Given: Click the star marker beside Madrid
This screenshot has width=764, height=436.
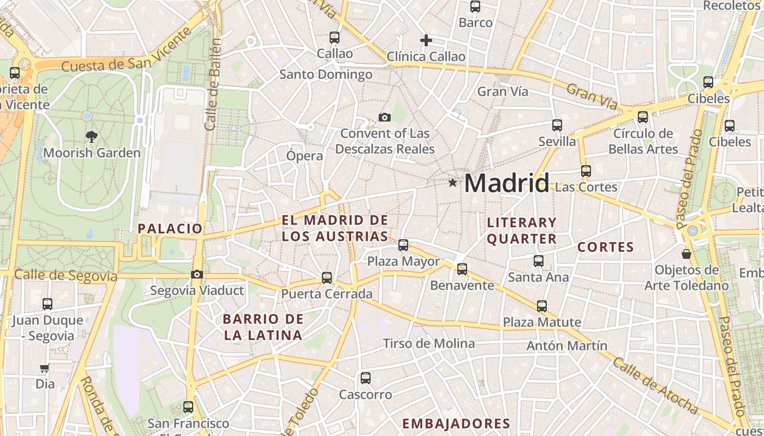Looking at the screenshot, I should tap(452, 183).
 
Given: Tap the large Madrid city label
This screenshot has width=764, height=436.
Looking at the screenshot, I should tap(506, 183).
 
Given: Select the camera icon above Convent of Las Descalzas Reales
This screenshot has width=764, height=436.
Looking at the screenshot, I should tap(385, 117).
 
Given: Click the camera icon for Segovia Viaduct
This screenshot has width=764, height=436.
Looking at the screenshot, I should tap(197, 274).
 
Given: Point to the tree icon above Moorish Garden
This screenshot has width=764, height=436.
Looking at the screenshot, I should tap(92, 137).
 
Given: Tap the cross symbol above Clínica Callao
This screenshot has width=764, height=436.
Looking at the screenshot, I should tap(426, 40).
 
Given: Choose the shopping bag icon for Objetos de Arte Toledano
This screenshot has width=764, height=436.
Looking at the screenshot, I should tap(687, 254).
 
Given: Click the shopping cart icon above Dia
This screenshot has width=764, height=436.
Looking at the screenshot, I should tap(45, 368).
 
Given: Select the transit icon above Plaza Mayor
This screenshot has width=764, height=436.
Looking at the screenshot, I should tap(403, 245).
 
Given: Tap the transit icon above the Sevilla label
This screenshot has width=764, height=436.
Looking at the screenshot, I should tap(557, 125).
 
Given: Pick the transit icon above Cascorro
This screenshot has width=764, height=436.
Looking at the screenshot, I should tap(366, 378).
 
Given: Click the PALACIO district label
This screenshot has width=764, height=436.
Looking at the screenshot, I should tap(170, 228).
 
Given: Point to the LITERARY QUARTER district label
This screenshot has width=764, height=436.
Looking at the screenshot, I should tap(522, 231).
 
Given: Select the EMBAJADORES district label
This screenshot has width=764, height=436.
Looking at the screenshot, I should tap(456, 423).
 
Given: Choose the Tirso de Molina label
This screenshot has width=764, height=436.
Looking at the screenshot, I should tap(429, 343).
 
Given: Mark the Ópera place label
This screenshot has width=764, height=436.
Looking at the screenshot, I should tap(305, 156).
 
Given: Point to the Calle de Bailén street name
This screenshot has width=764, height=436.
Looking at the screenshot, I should tap(213, 84).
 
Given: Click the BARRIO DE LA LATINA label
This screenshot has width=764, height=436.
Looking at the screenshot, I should tap(263, 327).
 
